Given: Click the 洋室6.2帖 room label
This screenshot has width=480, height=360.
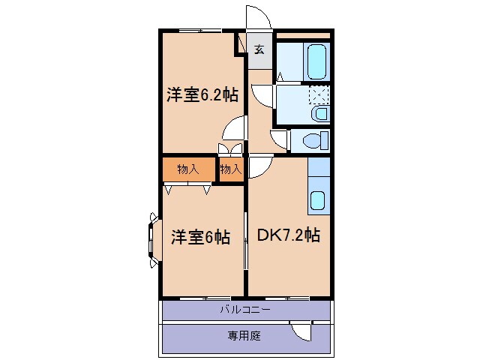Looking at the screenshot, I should point(202,95).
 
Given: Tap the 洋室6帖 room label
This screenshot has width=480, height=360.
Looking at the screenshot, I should point(199,237).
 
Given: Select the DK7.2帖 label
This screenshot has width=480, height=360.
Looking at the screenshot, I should point(289,235).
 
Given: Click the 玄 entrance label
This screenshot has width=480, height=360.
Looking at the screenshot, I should point(259,50).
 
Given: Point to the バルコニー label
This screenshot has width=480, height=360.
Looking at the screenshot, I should point(245,309).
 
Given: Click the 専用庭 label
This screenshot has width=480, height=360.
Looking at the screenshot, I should point(244,336).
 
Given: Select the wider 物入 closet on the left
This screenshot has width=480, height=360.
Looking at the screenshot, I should point(188,169).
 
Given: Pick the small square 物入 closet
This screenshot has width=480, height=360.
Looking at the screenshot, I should point(231,169).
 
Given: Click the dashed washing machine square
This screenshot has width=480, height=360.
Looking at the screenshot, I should point(320,95).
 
